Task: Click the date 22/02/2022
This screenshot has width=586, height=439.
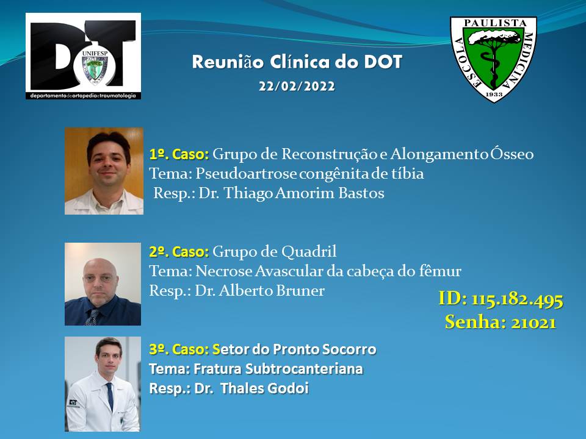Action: tap(297, 86)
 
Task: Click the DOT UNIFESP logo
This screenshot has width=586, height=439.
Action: tap(84, 56)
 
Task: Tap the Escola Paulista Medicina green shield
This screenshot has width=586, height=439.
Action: tap(493, 59)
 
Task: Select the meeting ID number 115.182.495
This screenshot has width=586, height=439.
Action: tap(517, 299)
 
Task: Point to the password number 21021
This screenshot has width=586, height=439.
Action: tap(534, 323)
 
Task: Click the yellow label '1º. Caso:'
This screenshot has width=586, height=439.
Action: tap(179, 154)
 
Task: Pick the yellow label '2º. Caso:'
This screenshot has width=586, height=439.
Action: tap(179, 252)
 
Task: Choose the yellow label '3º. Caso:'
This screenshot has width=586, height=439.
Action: tap(179, 349)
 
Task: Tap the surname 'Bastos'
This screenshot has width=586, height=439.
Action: tap(361, 193)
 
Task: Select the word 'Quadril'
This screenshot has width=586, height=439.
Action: tap(309, 252)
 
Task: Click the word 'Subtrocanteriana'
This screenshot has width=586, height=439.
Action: tap(304, 369)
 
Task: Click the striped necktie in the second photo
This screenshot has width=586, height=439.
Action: tap(92, 317)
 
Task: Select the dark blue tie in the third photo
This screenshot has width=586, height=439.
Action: tap(110, 396)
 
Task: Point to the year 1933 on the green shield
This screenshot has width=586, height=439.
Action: tap(494, 94)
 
